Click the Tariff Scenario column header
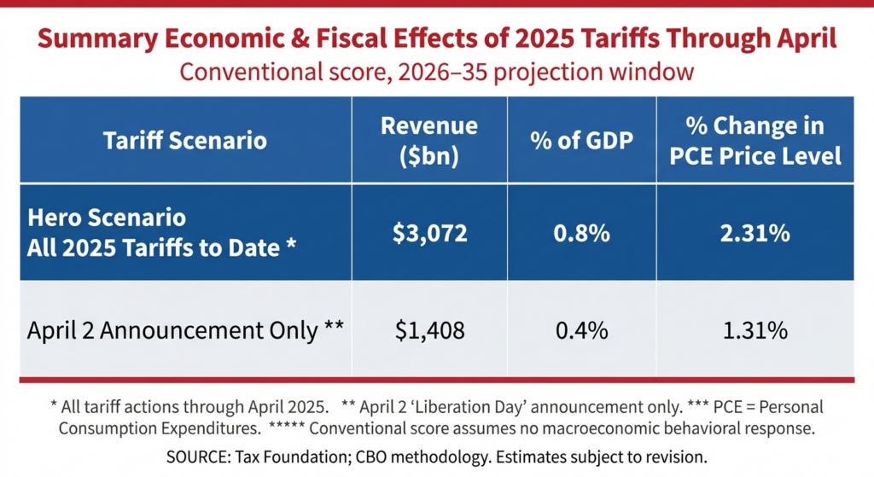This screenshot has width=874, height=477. click(184, 141)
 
